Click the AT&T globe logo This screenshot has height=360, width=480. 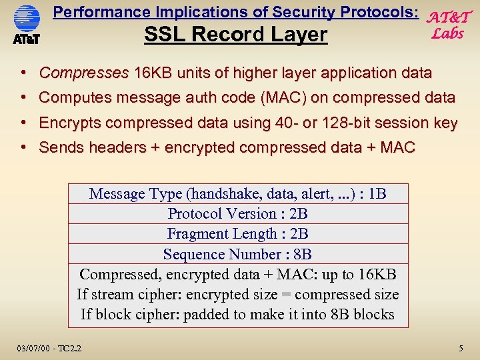(27, 20)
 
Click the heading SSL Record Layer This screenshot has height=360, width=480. (236, 35)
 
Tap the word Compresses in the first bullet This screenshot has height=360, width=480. (84, 73)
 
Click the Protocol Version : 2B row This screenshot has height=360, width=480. (237, 214)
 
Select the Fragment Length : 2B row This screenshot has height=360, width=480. (237, 234)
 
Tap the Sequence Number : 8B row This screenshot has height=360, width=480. (237, 254)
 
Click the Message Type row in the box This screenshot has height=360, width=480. (237, 194)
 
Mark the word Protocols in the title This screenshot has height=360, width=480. (380, 12)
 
